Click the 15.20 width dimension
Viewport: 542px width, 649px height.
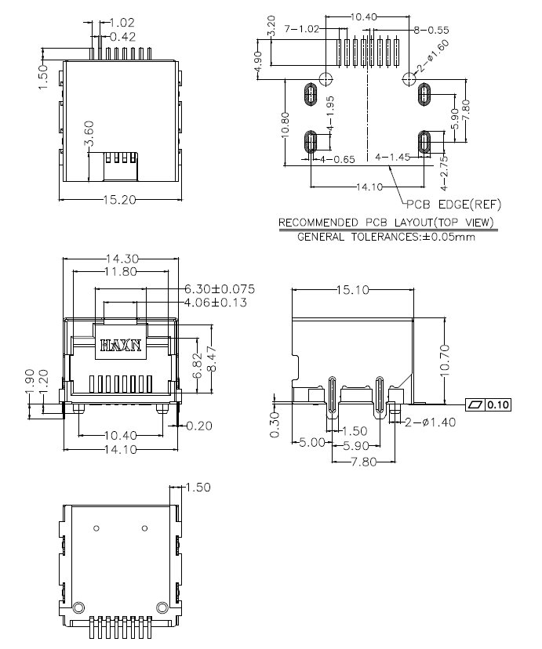[x=119, y=200]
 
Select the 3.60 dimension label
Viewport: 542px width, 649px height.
[x=89, y=133]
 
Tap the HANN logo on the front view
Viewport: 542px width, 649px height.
[x=122, y=345]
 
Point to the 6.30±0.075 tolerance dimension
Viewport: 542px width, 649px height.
[x=220, y=289]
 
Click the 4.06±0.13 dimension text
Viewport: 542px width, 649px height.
[x=215, y=302]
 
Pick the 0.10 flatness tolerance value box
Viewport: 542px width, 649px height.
[x=498, y=404]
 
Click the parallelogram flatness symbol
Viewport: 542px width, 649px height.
[x=475, y=404]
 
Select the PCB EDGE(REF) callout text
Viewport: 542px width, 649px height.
[x=454, y=204]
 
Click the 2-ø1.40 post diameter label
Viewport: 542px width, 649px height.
[x=430, y=422]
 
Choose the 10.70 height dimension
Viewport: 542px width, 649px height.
[x=445, y=361]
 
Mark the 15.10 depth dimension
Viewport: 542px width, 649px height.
[x=352, y=290]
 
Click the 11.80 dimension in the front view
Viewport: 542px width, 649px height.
[x=121, y=271]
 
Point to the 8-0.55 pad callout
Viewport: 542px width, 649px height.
[x=431, y=30]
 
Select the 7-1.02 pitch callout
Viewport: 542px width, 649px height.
[x=302, y=29]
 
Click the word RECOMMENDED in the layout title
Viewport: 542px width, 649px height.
[x=318, y=223]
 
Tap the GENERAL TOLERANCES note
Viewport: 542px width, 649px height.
[x=387, y=237]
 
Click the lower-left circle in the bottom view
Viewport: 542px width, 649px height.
[x=78, y=607]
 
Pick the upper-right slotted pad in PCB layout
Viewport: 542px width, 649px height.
[x=424, y=94]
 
